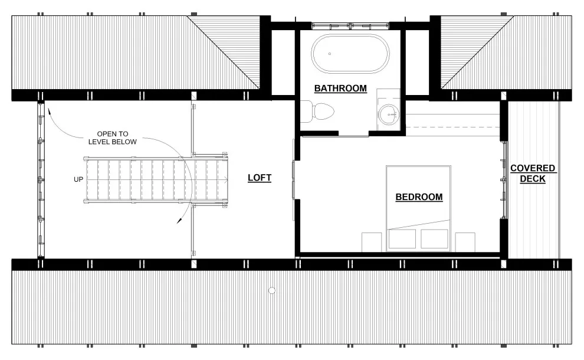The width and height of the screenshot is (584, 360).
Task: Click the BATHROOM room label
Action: [340, 89]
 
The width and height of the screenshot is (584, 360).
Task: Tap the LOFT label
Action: [260, 178]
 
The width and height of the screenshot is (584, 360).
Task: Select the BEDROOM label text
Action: [419, 197]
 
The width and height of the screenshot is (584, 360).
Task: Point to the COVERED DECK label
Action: [533, 174]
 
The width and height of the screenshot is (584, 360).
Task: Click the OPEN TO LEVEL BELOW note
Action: [113, 138]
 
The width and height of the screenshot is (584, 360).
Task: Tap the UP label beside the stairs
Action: [78, 179]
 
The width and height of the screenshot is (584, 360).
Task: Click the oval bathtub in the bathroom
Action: [350, 54]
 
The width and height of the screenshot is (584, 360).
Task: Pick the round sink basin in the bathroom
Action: [389, 114]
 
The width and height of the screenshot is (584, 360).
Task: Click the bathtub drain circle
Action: [330, 54]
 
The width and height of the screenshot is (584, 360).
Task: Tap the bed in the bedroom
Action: [419, 209]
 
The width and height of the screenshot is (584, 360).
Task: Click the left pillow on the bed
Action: [402, 239]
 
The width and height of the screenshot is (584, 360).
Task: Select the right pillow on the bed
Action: [435, 239]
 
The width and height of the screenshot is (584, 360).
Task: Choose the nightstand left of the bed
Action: [372, 242]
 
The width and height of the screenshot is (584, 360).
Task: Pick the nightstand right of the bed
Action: [465, 242]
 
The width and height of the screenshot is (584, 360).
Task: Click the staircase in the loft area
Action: [156, 180]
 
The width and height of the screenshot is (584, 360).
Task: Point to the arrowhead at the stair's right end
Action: [226, 180]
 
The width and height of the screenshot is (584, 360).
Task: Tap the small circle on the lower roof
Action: [272, 290]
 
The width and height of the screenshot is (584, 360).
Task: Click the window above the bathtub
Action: [350, 26]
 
